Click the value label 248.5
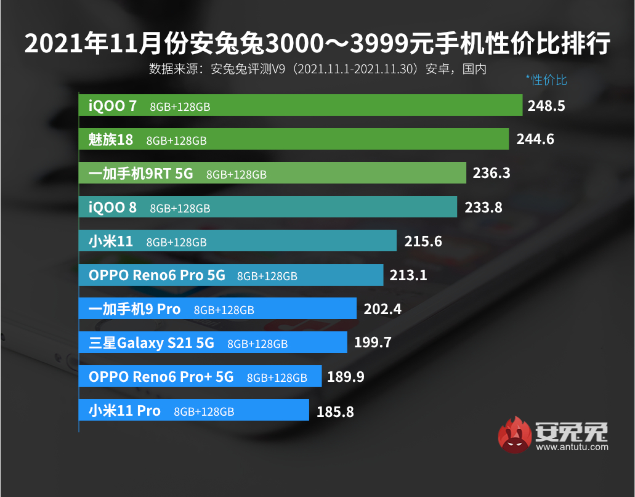(x=546, y=105)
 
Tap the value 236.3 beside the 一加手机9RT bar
(x=491, y=173)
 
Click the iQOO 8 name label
(x=113, y=208)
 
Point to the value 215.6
(x=423, y=241)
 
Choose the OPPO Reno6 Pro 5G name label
(x=157, y=275)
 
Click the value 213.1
(x=408, y=275)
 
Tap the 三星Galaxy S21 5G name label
(x=152, y=343)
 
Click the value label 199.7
(x=373, y=342)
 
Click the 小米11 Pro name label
(x=124, y=411)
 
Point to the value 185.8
(x=335, y=411)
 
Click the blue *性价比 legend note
(x=546, y=79)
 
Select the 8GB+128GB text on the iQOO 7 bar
(x=180, y=107)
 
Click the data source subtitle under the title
(x=317, y=69)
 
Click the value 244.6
(x=535, y=139)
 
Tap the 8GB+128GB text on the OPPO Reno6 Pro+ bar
(x=277, y=378)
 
